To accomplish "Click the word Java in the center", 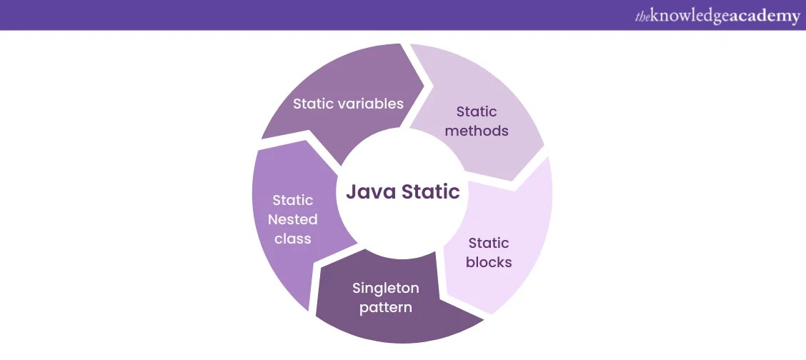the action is point(372,192).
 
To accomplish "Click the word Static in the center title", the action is point(431,192).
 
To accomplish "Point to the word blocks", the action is point(489,262).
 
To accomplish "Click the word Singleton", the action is point(385,288).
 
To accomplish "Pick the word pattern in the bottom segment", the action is point(385,308).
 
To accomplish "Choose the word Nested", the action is point(293,219).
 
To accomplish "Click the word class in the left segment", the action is point(293,239).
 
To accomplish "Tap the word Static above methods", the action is point(477,111).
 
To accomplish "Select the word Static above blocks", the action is point(489,243).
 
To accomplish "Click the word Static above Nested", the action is point(293,200).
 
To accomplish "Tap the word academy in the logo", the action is point(765,16).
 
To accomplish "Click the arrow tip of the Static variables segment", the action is point(426,87).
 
